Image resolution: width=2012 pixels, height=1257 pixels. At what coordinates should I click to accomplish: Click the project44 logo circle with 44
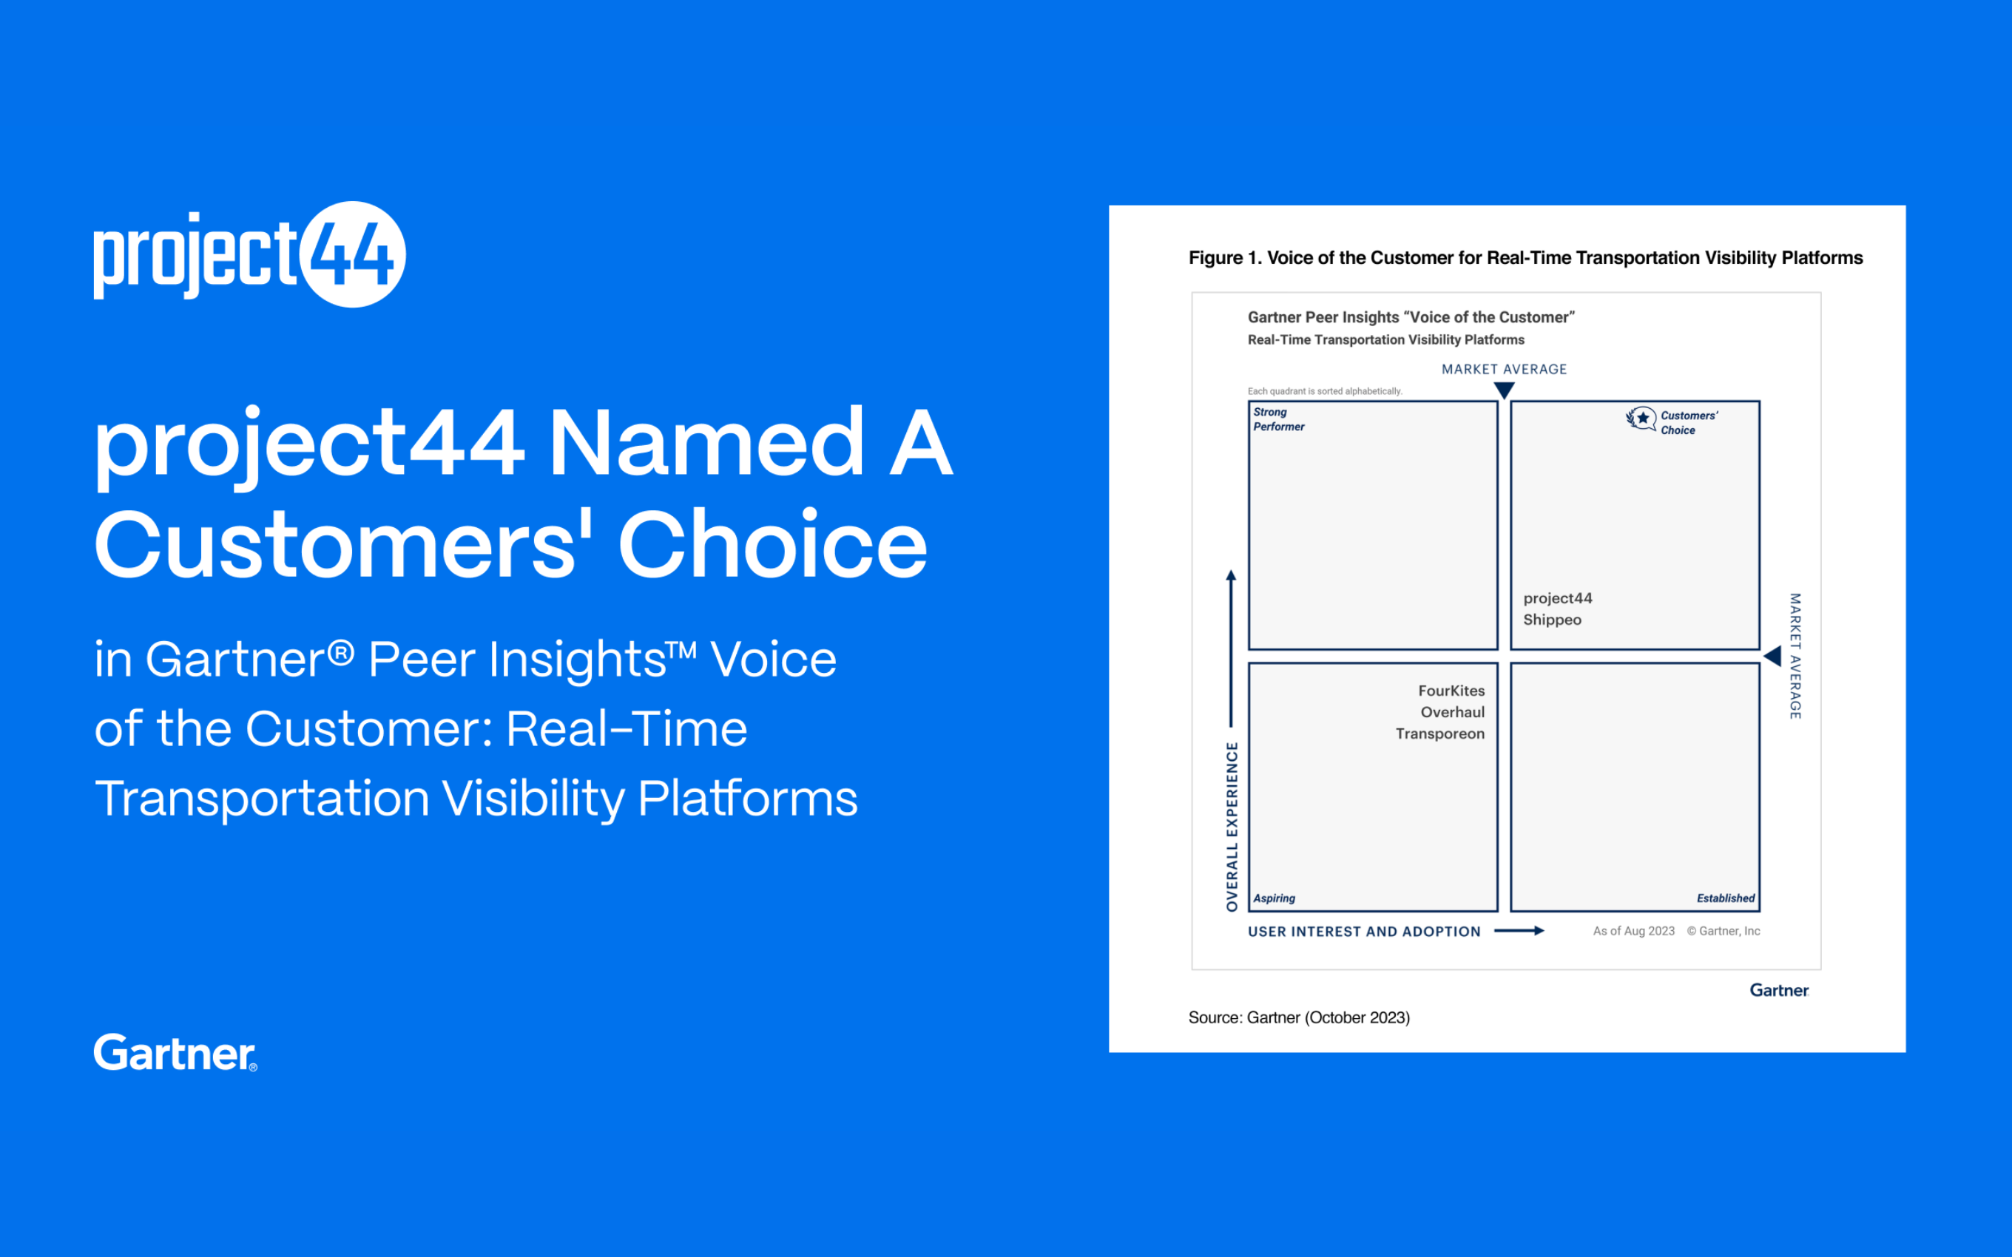pyautogui.click(x=354, y=254)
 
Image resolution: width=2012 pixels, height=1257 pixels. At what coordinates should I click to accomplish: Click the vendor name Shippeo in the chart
pyautogui.click(x=1552, y=620)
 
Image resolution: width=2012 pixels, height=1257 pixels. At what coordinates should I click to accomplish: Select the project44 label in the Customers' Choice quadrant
pyautogui.click(x=1558, y=599)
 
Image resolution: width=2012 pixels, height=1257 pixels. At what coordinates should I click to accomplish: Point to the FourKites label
pyautogui.click(x=1451, y=691)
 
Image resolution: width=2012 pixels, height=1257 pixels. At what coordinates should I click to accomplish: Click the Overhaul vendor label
pyautogui.click(x=1453, y=713)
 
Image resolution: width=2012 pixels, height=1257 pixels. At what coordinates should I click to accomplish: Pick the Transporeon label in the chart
pyautogui.click(x=1440, y=734)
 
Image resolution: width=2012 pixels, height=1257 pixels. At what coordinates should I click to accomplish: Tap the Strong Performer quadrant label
pyautogui.click(x=1279, y=419)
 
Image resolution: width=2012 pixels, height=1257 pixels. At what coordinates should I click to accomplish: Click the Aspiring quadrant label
pyautogui.click(x=1275, y=898)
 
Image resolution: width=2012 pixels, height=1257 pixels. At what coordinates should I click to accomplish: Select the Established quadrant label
pyautogui.click(x=1725, y=898)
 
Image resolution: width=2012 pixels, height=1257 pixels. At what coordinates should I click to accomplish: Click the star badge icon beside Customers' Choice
pyautogui.click(x=1641, y=419)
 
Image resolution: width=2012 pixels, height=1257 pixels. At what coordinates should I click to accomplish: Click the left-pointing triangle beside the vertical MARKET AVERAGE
pyautogui.click(x=1772, y=656)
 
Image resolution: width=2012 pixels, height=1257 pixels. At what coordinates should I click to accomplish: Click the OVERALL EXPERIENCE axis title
pyautogui.click(x=1232, y=827)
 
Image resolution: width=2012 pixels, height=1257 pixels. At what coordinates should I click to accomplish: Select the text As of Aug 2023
pyautogui.click(x=1634, y=931)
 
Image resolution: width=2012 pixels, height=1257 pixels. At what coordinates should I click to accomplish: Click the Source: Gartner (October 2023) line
pyautogui.click(x=1299, y=1017)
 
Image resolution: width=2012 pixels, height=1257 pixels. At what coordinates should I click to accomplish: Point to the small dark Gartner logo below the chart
pyautogui.click(x=1779, y=990)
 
